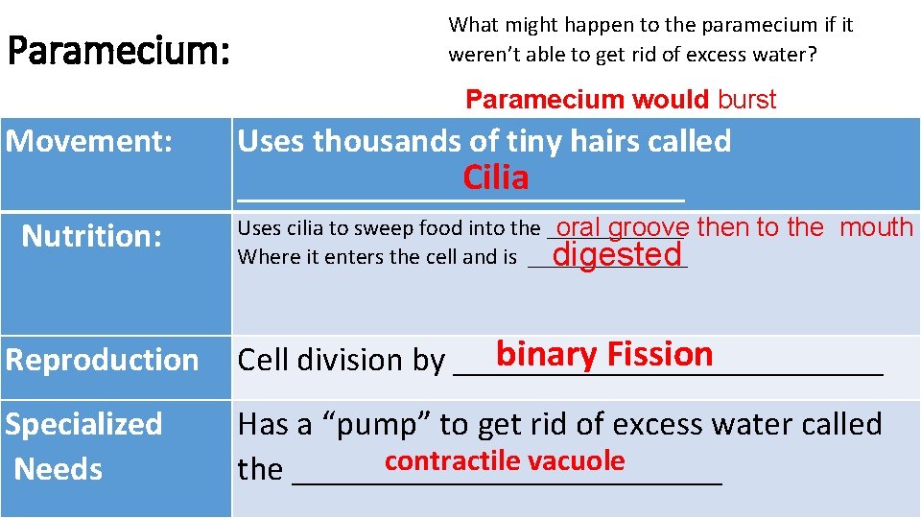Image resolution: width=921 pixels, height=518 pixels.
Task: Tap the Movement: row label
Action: click(x=89, y=142)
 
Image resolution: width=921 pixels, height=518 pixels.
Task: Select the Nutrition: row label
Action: click(x=91, y=236)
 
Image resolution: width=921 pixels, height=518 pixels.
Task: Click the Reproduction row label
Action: click(x=102, y=360)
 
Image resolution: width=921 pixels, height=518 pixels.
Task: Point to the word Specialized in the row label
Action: click(x=84, y=424)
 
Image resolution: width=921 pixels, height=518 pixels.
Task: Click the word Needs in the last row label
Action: click(x=59, y=470)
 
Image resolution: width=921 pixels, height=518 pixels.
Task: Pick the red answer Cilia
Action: click(x=495, y=178)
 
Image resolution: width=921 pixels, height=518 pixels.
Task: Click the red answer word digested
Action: click(x=617, y=255)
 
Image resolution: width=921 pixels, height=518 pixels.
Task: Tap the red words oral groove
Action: click(x=622, y=228)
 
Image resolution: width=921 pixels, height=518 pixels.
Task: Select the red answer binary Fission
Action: click(x=604, y=355)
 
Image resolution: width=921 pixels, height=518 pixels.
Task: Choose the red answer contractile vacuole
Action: click(x=505, y=461)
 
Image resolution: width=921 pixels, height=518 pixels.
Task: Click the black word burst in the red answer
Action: click(x=746, y=100)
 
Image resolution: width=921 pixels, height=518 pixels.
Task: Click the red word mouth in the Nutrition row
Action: click(x=876, y=227)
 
